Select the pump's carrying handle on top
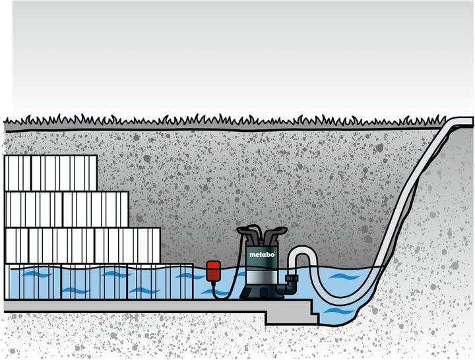[x=262, y=231]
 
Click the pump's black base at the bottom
[x=262, y=292]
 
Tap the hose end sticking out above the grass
[x=463, y=123]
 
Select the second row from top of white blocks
[x=66, y=209]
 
